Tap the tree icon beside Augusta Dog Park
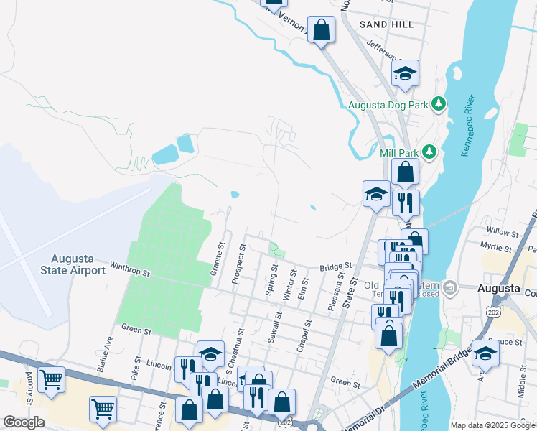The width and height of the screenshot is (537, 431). click(x=438, y=105)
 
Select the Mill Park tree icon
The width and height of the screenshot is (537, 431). click(x=429, y=152)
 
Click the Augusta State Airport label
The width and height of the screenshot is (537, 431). click(x=78, y=264)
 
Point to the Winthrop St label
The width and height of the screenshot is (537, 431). click(x=129, y=272)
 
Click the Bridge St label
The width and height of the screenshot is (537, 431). click(x=336, y=265)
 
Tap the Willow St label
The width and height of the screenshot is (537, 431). click(x=503, y=233)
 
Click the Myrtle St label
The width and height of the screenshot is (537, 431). click(x=501, y=247)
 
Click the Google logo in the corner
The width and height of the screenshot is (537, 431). click(x=24, y=422)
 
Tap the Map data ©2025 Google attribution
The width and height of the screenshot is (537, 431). click(x=492, y=425)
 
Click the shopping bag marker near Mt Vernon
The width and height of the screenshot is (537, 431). click(x=322, y=30)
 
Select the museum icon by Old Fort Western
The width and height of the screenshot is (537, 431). click(x=449, y=288)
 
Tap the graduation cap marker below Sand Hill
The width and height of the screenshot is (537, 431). click(x=405, y=73)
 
